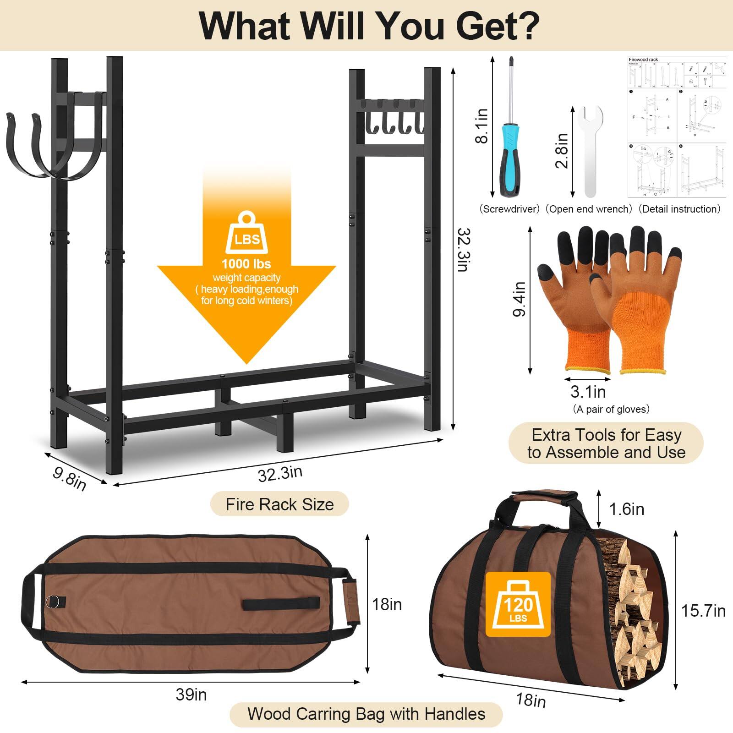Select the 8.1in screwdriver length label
(x=482, y=126)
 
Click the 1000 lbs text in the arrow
(x=246, y=264)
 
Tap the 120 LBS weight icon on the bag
(x=518, y=604)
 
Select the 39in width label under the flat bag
(x=191, y=695)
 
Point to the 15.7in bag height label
(x=703, y=611)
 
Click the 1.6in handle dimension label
(x=626, y=509)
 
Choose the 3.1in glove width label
(x=588, y=392)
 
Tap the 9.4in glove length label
(x=520, y=299)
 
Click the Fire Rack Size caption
(x=279, y=504)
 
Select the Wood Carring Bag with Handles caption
(x=366, y=714)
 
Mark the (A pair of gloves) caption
(x=611, y=409)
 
